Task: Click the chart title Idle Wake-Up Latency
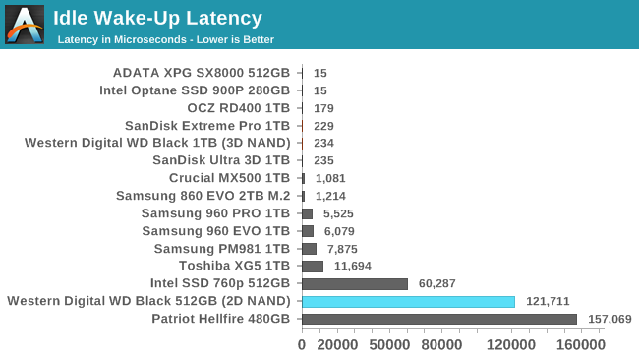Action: coord(157,18)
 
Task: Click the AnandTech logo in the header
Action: coord(25,25)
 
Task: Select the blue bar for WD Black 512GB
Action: coord(408,301)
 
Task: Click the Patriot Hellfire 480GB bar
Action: coord(438,319)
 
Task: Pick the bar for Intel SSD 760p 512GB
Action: coord(354,283)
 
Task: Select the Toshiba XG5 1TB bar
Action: coord(313,266)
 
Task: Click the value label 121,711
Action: coord(548,301)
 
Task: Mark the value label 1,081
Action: coord(329,178)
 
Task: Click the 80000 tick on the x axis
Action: coord(441,345)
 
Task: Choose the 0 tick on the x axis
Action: coord(302,345)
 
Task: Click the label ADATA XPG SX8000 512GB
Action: coord(202,72)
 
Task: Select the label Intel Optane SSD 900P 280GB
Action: coord(195,90)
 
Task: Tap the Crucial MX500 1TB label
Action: coord(229,178)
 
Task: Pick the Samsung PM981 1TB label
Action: coord(222,248)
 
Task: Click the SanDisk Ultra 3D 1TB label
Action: coord(221,160)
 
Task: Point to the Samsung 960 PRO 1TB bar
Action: coord(307,213)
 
